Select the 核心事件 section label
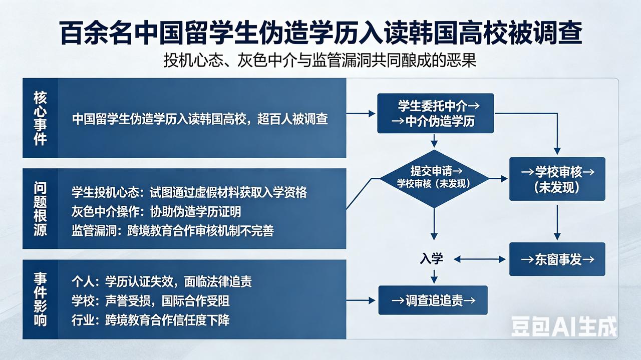pos(40,118)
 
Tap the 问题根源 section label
pos(40,209)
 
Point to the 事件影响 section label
pos(40,299)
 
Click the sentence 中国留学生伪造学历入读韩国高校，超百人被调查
pos(200,119)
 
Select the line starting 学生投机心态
pos(189,192)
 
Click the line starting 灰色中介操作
pos(156,212)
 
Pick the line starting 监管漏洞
pos(173,231)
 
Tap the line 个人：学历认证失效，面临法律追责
pos(161,281)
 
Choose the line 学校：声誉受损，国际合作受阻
pos(151,301)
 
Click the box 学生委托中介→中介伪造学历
pos(435,114)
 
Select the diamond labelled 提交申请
pos(434,178)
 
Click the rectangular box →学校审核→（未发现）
pos(557,179)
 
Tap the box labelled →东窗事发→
pos(557,259)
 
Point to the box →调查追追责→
pos(433,300)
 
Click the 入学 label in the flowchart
pos(431,259)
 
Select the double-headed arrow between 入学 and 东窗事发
pos(479,259)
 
